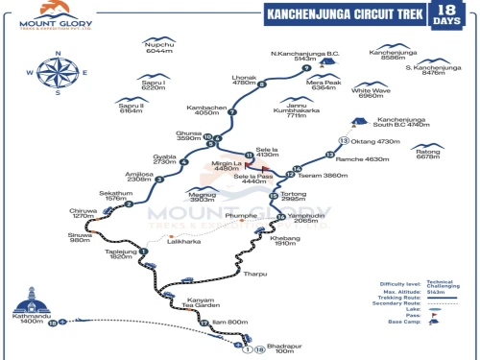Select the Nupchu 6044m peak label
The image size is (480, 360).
[x=158, y=47]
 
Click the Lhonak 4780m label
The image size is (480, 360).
[x=245, y=83]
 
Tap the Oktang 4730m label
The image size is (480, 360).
[x=375, y=141]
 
